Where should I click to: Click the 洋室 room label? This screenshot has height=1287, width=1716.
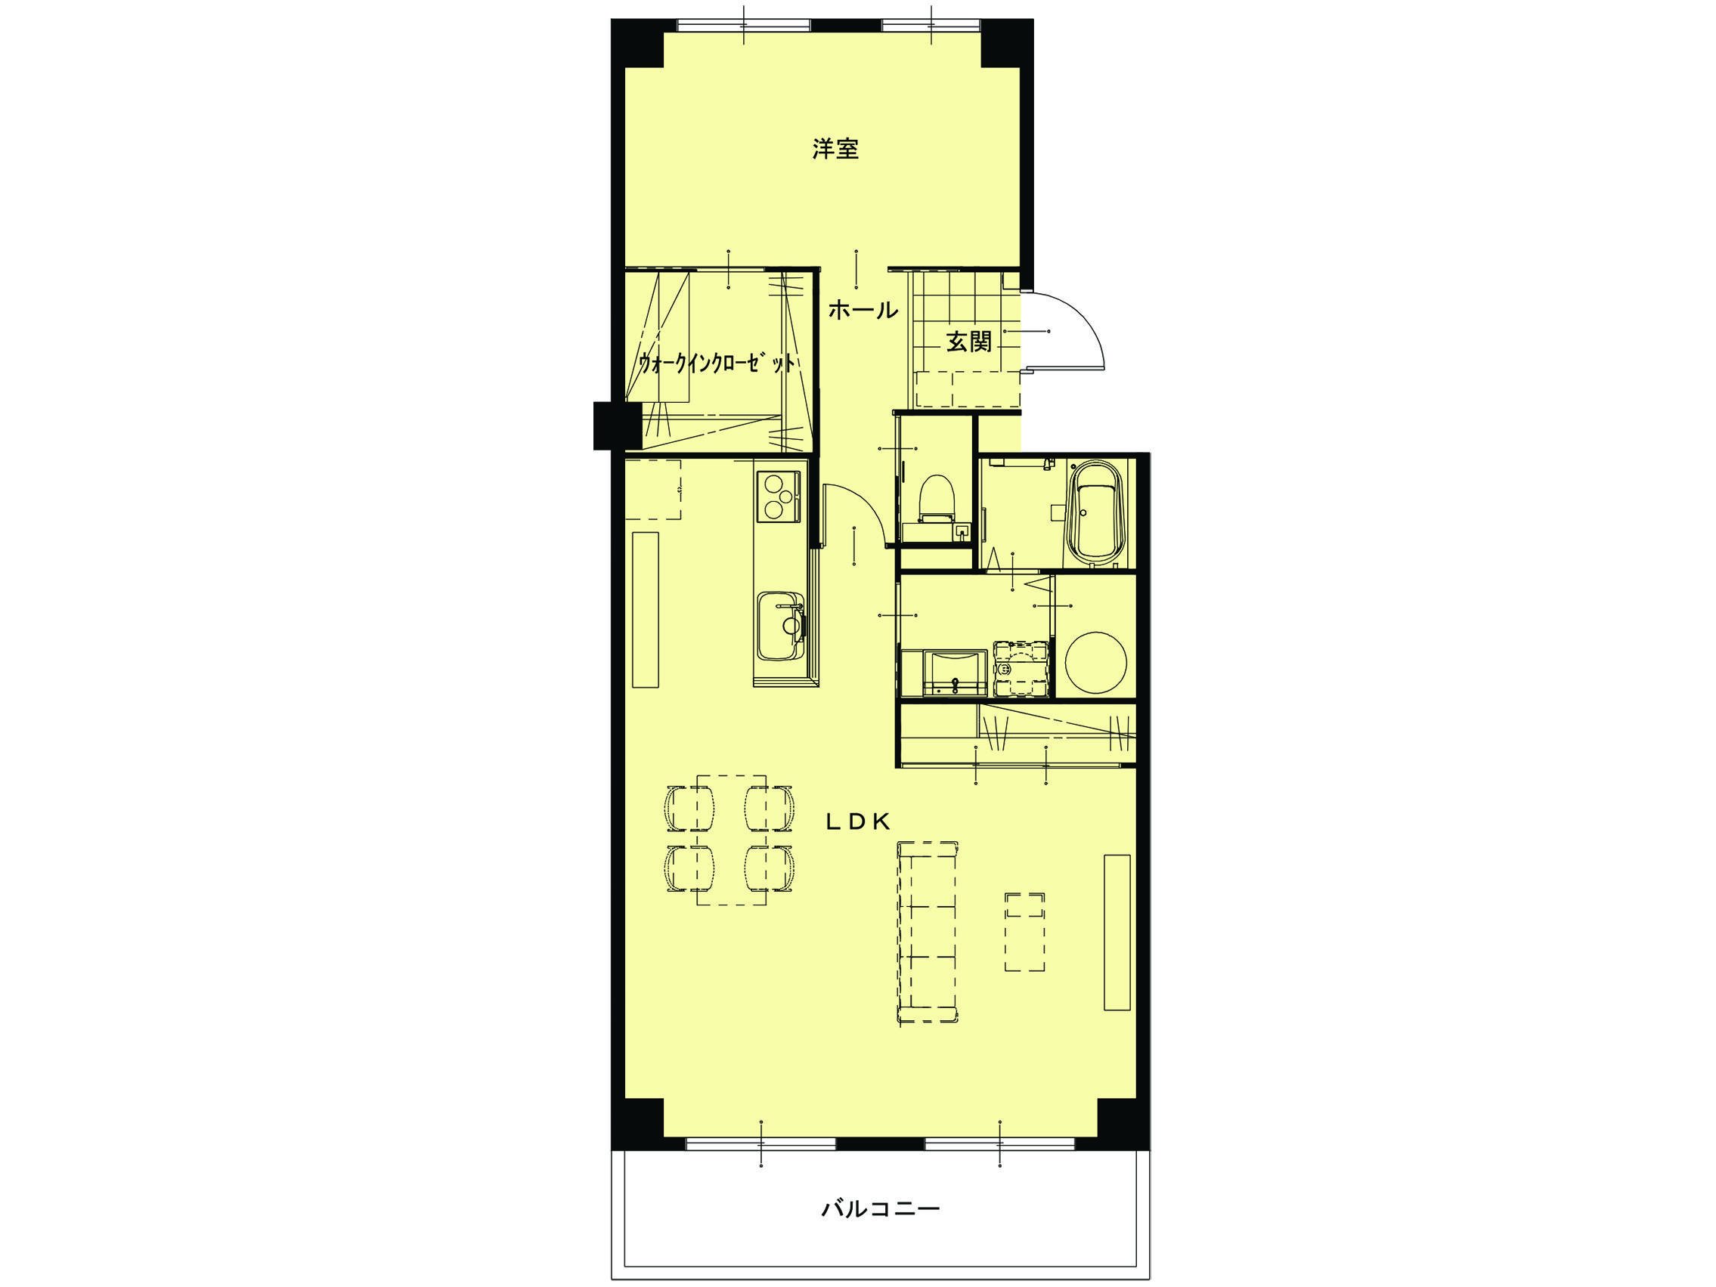835,149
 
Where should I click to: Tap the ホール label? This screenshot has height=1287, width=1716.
863,311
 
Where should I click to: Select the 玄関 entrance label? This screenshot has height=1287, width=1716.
969,342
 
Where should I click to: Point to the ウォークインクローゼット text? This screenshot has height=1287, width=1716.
717,363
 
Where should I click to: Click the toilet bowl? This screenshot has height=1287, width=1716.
935,499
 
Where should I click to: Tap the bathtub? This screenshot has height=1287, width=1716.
1095,512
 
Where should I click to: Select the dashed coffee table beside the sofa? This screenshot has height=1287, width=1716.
1025,931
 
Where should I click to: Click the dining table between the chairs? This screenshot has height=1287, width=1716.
732,840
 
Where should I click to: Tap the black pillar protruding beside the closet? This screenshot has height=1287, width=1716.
610,425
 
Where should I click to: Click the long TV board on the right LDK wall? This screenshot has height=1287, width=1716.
1117,933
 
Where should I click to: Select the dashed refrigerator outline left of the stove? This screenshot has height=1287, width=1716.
653,490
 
